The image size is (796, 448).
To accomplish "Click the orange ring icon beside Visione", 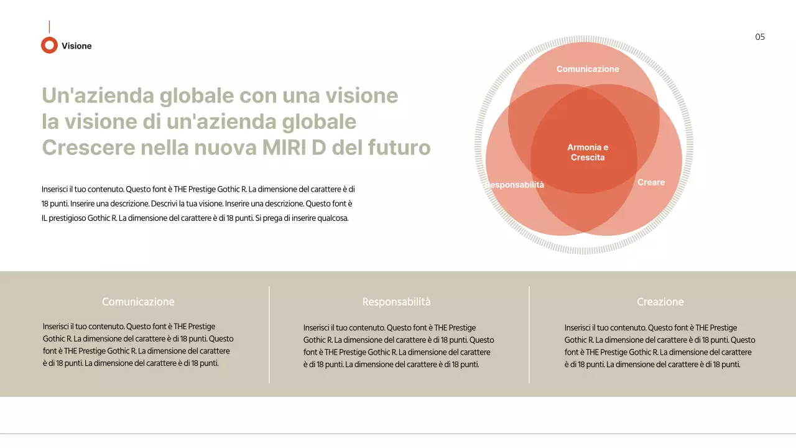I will pyautogui.click(x=49, y=45).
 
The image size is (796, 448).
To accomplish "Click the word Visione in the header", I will pyautogui.click(x=76, y=46).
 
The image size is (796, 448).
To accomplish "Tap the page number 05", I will pyautogui.click(x=760, y=37).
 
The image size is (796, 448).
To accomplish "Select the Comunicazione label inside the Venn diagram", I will pyautogui.click(x=588, y=69).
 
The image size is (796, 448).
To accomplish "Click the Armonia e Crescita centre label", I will pyautogui.click(x=588, y=152).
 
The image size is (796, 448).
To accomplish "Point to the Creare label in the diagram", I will pyautogui.click(x=651, y=182).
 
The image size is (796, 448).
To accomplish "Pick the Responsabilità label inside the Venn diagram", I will pyautogui.click(x=515, y=185).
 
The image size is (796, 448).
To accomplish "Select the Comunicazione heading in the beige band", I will pyautogui.click(x=138, y=302).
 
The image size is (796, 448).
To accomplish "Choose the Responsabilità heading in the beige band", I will pyautogui.click(x=396, y=302).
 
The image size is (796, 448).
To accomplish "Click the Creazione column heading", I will pyautogui.click(x=660, y=302).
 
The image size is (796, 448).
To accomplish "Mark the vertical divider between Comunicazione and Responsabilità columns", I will pyautogui.click(x=269, y=334).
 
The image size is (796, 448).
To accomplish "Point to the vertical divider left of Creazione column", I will pyautogui.click(x=529, y=334).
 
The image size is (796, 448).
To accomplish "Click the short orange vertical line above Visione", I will pyautogui.click(x=49, y=27).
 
